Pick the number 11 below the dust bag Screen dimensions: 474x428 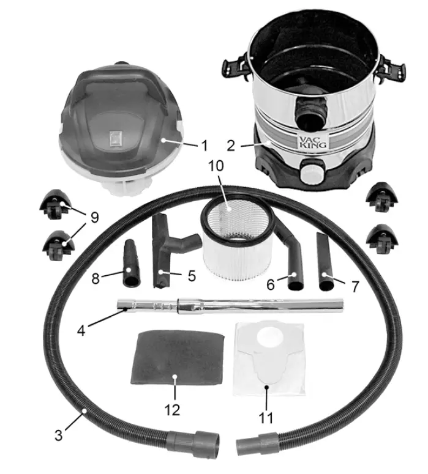pyautogui.click(x=266, y=418)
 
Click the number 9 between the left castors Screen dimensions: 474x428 pyautogui.click(x=95, y=217)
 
